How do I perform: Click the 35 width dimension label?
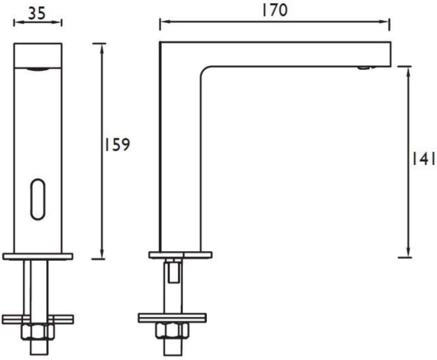37,13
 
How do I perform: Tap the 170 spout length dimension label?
274,10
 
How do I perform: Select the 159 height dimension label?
117,145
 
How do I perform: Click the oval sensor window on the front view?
38,199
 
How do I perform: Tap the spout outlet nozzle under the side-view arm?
364,67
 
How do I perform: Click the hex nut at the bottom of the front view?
38,332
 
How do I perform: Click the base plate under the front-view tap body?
38,257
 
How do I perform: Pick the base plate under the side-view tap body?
181,255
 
